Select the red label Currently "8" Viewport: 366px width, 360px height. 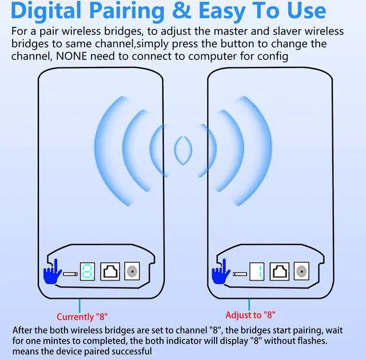(82, 316)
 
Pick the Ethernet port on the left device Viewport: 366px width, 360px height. (110, 271)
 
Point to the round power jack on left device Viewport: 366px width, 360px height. (133, 271)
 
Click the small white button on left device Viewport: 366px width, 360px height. (70, 275)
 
